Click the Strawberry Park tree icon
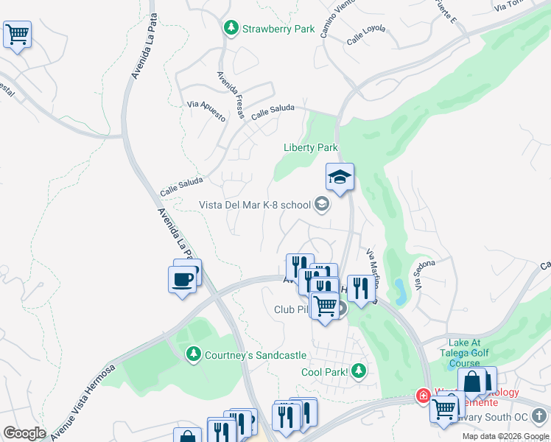[x=231, y=28]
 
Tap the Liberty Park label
[x=311, y=147]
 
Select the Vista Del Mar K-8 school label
[x=255, y=205]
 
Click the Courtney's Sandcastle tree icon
[x=194, y=354]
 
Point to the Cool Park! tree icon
[x=359, y=371]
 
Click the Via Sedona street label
[x=425, y=274]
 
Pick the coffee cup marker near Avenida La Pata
[x=182, y=279]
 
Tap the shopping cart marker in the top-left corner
[x=17, y=34]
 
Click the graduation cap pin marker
[x=340, y=178]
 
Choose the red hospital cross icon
[x=424, y=396]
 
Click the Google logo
[x=24, y=433]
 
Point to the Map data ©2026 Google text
[x=505, y=436]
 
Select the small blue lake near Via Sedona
[x=400, y=291]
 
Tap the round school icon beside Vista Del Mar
[x=321, y=205]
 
